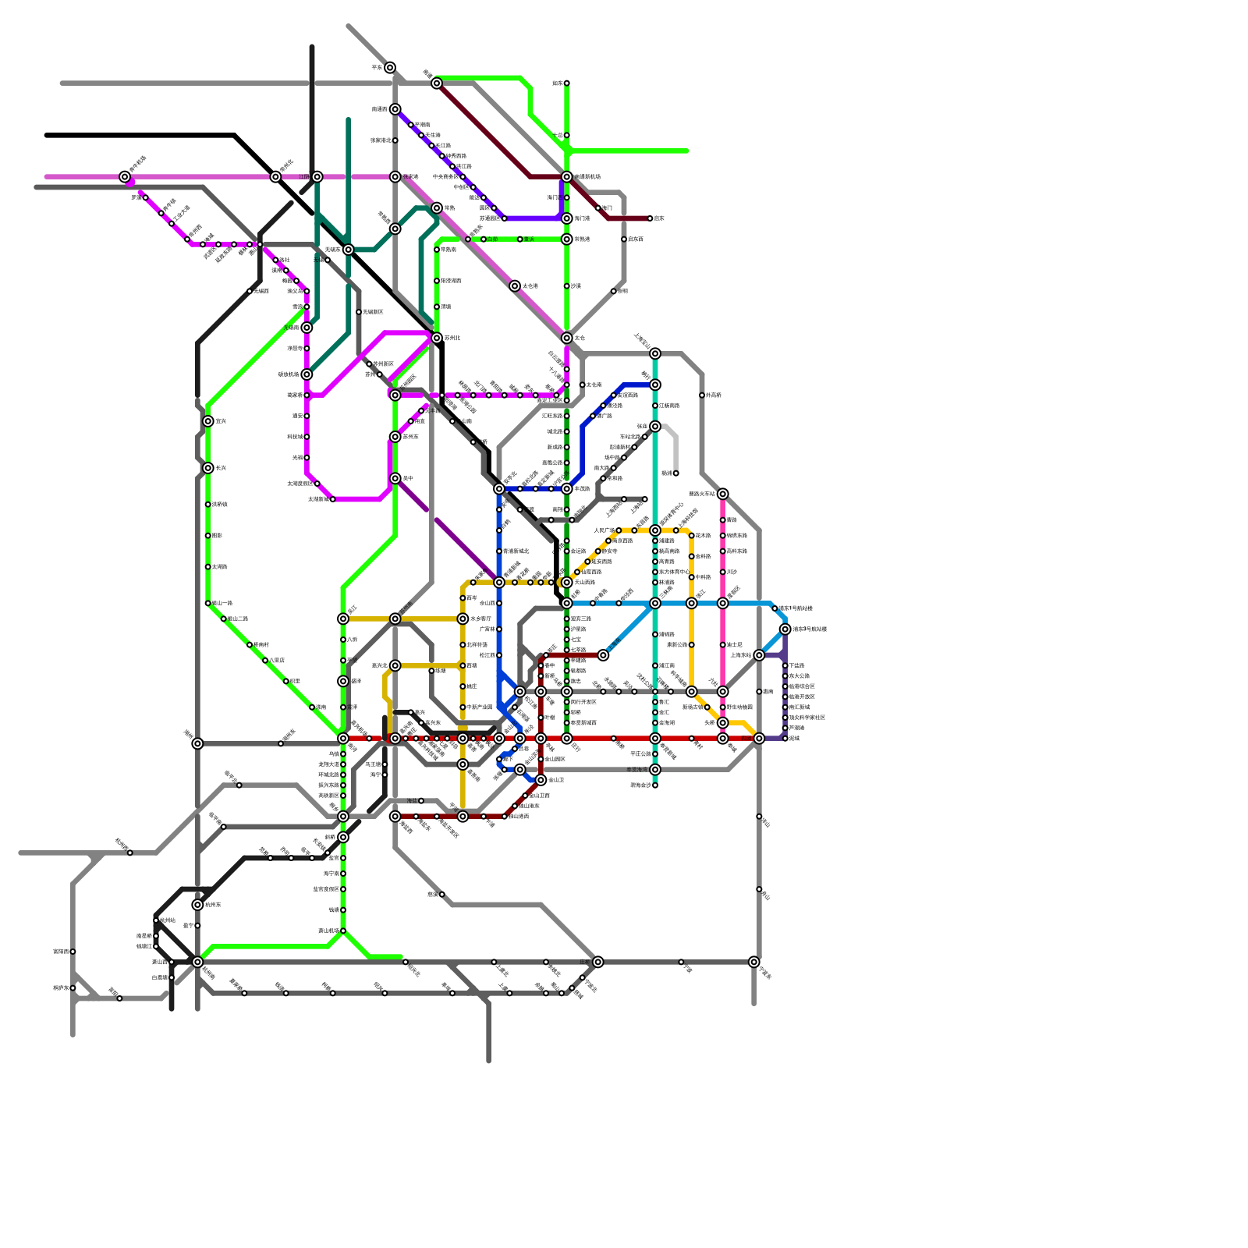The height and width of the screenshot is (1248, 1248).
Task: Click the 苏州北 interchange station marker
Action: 437,338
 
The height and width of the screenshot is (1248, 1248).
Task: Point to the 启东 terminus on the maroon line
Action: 650,218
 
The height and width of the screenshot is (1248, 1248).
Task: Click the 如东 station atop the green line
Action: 567,83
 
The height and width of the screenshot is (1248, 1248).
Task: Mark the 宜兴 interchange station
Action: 208,421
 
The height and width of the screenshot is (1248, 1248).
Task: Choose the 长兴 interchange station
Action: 208,468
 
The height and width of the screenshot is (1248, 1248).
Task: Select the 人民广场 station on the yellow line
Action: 619,530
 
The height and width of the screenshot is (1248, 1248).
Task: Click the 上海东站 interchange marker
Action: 759,655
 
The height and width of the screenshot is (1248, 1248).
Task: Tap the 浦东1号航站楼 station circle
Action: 775,608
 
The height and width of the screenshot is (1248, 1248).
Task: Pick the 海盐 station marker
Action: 442,895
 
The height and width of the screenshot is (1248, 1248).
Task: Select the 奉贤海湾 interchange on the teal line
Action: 655,770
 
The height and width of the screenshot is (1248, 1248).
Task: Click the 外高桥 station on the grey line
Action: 702,395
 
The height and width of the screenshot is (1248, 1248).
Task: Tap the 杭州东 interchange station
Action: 197,905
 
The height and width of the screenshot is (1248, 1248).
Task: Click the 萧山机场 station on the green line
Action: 343,931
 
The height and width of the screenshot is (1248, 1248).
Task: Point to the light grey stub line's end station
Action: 675,473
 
